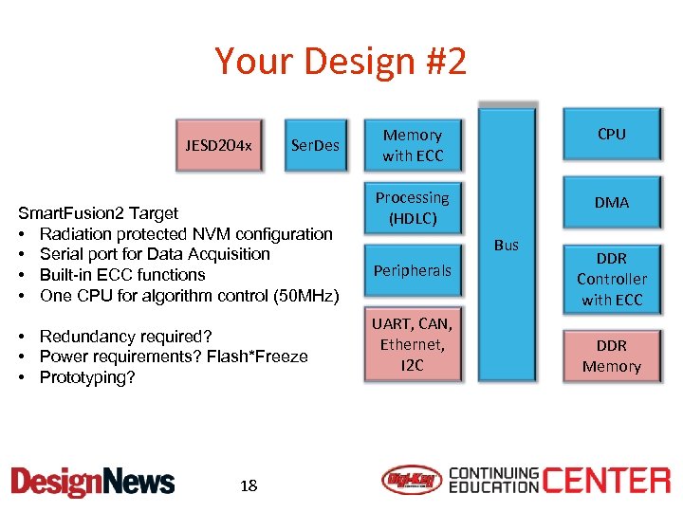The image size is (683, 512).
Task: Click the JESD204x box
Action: point(218,145)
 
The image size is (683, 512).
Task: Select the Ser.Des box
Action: point(315,145)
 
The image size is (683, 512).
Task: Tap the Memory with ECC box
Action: point(413,145)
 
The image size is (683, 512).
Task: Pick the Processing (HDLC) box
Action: point(413,208)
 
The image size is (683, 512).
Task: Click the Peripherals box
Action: point(413,270)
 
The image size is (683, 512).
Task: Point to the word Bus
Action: point(507,245)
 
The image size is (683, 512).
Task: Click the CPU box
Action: point(611,135)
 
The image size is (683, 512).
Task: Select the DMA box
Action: point(611,202)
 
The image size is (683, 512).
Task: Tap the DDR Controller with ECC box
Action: point(611,279)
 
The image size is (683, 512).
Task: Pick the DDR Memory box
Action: point(611,356)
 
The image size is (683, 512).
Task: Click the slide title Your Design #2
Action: point(341,62)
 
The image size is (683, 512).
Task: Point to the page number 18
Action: point(249,485)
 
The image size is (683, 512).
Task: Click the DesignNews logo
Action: point(93,482)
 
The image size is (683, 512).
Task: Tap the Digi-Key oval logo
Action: point(411,481)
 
